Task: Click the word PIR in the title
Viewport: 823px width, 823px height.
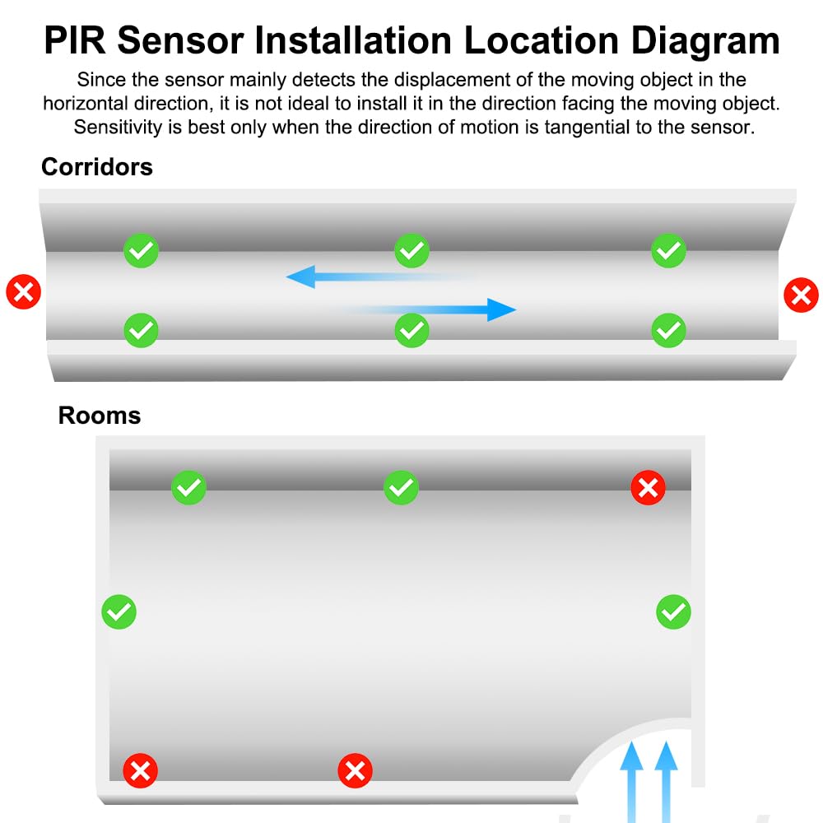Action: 75,40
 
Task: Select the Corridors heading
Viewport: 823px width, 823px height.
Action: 97,167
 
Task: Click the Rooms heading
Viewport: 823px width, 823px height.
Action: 100,416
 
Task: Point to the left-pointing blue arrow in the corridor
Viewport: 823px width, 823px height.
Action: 378,277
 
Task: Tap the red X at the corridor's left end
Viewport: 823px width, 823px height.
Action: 24,292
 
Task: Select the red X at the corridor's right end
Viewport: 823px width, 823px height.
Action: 801,295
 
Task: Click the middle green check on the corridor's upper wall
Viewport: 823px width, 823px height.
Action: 411,250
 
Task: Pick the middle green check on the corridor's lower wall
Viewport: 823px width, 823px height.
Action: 411,330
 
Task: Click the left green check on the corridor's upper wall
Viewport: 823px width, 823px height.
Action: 142,250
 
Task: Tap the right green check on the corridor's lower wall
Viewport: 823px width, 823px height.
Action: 668,330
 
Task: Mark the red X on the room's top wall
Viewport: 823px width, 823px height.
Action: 649,487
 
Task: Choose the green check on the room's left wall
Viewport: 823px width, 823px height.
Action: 119,612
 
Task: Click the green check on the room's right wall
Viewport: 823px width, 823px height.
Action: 673,612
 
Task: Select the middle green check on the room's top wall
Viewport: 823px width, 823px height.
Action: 401,487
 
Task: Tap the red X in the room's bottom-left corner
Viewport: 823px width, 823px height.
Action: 140,771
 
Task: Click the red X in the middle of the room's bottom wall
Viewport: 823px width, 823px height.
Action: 356,771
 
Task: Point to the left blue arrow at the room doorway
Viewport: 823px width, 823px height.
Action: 631,782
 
